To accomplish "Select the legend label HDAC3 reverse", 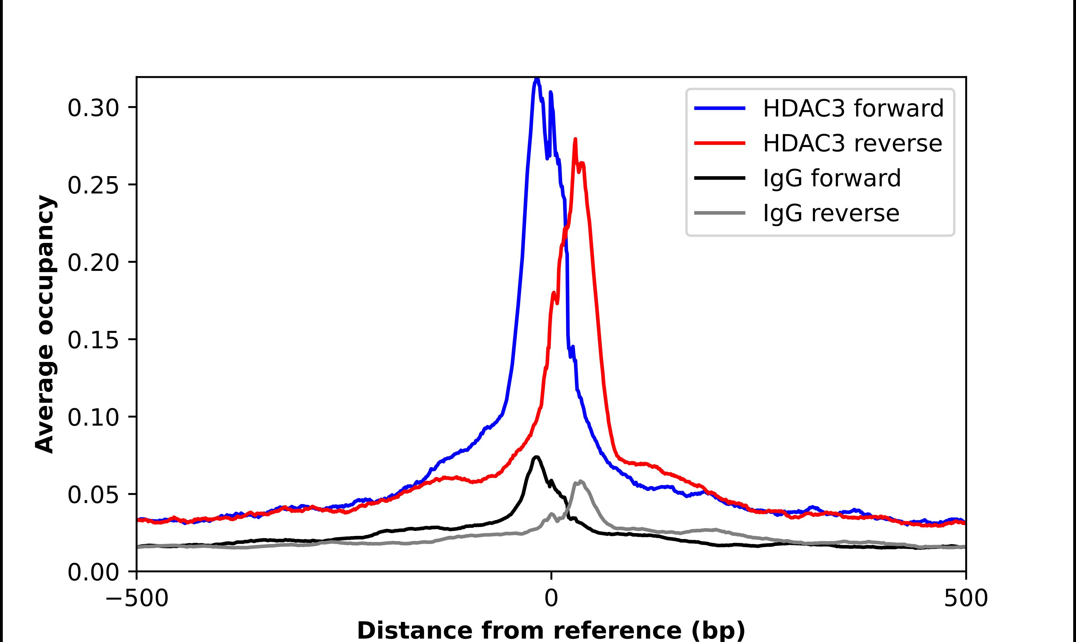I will (x=852, y=143).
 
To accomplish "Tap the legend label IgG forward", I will (x=832, y=178).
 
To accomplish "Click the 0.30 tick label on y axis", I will (x=93, y=108).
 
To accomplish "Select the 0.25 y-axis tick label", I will (x=93, y=185).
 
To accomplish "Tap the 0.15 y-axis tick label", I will (x=93, y=340).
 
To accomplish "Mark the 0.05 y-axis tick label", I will (x=93, y=494).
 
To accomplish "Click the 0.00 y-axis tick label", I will (x=93, y=572).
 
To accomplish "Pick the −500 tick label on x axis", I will (x=137, y=598).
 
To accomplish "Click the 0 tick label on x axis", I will (x=551, y=598).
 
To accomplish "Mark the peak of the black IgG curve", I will (x=536, y=457).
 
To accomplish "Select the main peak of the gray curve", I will (x=580, y=481).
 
